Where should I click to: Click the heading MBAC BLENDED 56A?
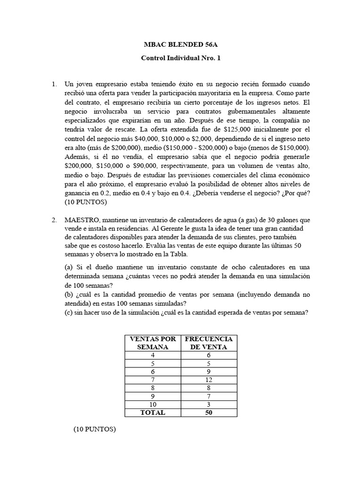[x=181, y=45]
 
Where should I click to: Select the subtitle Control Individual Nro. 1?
[x=181, y=58]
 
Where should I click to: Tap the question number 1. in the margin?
[x=54, y=84]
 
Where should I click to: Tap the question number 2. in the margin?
[x=54, y=220]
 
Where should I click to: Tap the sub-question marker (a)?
[x=70, y=267]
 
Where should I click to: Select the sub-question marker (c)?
[x=70, y=312]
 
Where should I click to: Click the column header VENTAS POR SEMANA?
[x=152, y=343]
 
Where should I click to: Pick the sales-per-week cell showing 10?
[x=152, y=404]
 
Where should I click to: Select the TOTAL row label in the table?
[x=152, y=413]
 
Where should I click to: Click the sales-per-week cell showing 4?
[x=152, y=355]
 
